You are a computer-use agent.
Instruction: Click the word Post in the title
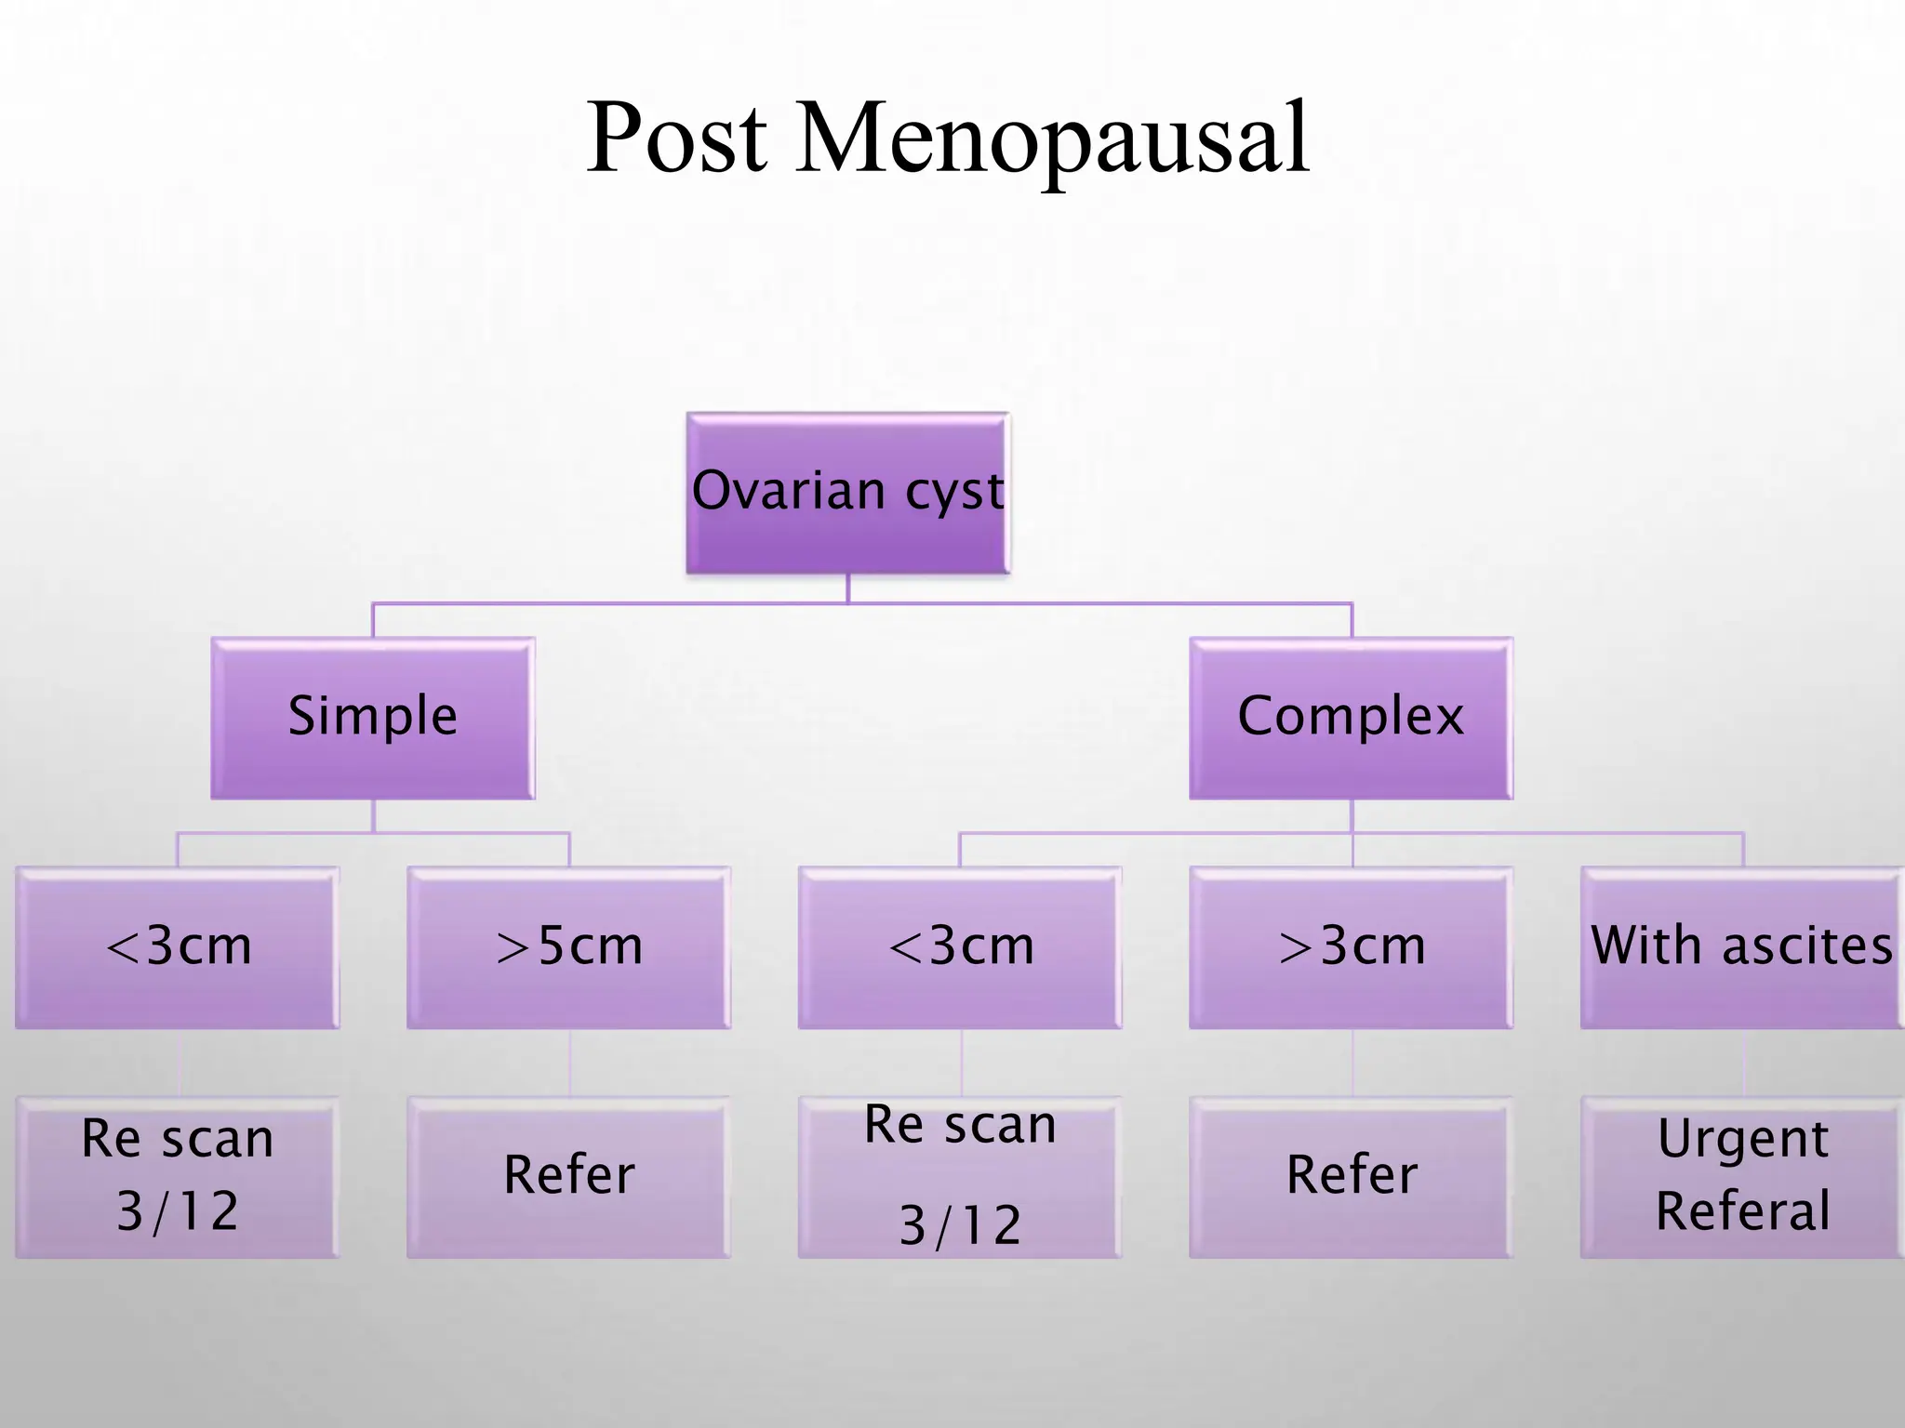[x=677, y=139]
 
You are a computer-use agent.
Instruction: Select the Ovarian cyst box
[x=847, y=493]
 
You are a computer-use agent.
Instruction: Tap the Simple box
[x=372, y=717]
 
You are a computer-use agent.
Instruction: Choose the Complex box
[x=1351, y=717]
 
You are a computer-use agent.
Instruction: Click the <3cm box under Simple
[x=178, y=946]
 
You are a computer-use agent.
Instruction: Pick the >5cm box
[x=568, y=946]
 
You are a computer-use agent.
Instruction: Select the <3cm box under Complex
[x=960, y=946]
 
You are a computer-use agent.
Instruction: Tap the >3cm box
[x=1351, y=946]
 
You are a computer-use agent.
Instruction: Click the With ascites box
[x=1741, y=946]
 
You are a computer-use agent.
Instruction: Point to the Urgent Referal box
[x=1741, y=1176]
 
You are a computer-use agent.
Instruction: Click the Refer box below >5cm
[x=568, y=1176]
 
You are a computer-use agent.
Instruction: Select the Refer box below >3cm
[x=1351, y=1176]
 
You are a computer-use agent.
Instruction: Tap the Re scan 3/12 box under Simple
[x=178, y=1176]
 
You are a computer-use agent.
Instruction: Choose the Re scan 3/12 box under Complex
[x=960, y=1176]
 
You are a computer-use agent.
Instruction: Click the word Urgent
[x=1742, y=1140]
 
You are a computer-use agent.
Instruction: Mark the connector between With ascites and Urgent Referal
[x=1743, y=1063]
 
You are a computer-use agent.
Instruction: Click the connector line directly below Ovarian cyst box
[x=848, y=588]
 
